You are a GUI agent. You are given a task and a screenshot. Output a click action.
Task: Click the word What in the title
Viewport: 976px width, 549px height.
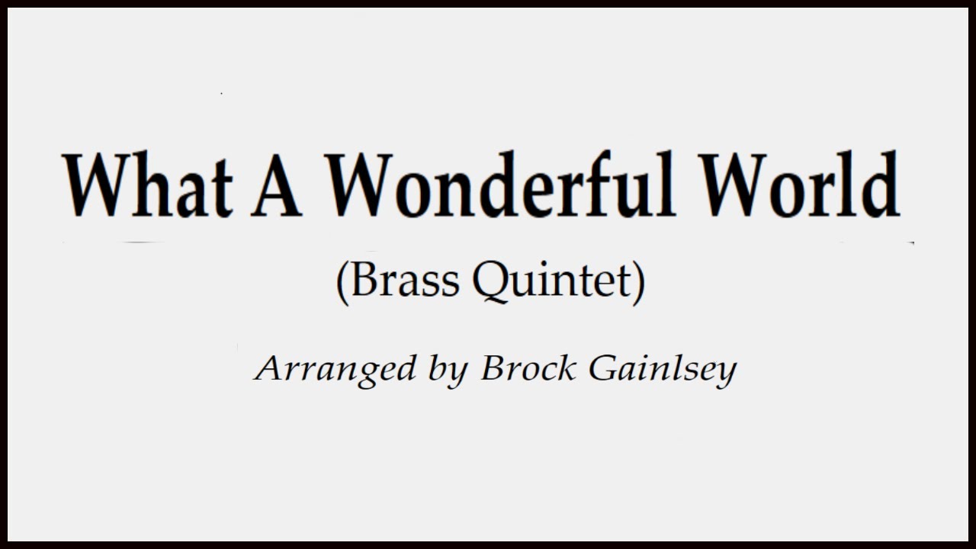coord(149,185)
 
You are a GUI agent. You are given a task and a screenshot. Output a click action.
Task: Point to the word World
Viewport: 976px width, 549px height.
coord(800,185)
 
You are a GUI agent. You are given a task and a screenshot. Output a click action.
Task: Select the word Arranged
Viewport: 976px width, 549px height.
coord(335,370)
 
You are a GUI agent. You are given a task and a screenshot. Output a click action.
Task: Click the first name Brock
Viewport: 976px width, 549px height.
coord(528,369)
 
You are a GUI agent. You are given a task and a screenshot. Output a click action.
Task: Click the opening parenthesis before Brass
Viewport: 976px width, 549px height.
coord(343,282)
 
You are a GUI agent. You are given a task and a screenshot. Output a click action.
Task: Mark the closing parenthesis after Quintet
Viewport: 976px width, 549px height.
coord(639,282)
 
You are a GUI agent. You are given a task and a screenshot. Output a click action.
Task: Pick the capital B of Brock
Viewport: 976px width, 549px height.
coord(493,369)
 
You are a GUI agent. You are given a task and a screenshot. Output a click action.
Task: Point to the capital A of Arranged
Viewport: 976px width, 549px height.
coord(270,369)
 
